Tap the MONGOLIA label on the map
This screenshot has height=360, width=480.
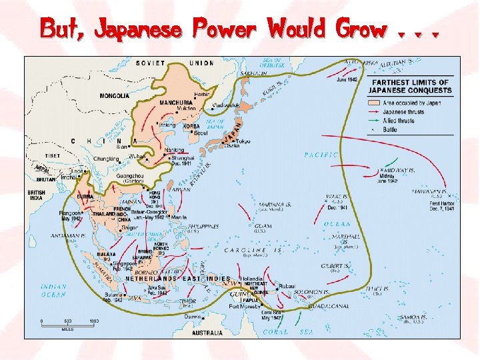point(115,95)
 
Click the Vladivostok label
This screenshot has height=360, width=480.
point(227,105)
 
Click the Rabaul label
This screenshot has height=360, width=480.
point(287,285)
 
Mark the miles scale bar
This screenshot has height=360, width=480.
point(67,323)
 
